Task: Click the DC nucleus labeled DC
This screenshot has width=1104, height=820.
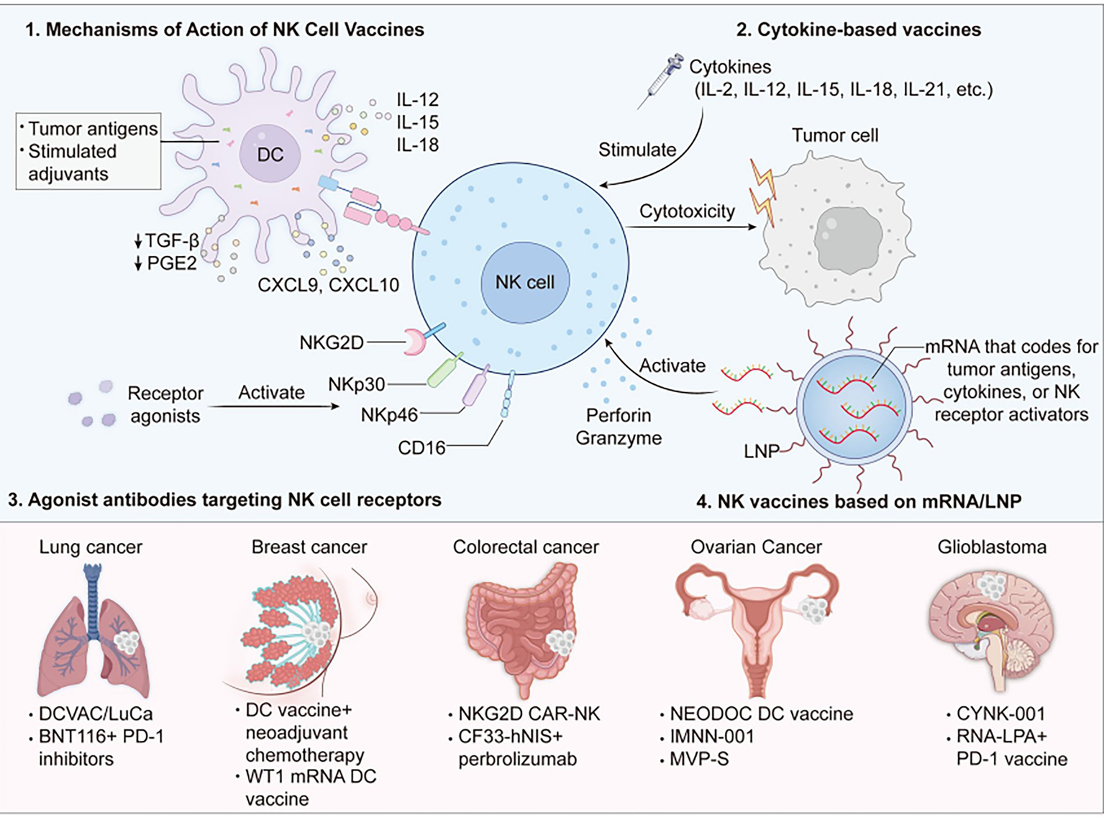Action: coord(270,155)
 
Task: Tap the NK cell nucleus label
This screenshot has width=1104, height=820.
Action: coord(524,282)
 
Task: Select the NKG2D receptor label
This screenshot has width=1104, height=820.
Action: coord(332,342)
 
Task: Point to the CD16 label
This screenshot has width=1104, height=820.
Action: coord(421,447)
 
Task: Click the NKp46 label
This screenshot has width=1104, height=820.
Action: coord(389,415)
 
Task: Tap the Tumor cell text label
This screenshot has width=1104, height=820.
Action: coord(834,135)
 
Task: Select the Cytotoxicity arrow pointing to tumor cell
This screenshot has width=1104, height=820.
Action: coord(690,227)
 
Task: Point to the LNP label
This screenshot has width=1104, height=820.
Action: coord(761,451)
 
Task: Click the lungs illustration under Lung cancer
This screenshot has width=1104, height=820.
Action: coord(94,633)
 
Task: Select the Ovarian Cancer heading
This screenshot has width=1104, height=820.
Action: coord(756,547)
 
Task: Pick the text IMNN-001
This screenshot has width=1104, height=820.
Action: coord(712,737)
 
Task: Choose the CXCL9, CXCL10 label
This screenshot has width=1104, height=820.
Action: coord(328,285)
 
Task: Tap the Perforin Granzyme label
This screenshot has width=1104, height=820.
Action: coord(619,427)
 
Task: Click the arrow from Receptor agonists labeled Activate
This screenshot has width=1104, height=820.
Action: coord(273,407)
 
